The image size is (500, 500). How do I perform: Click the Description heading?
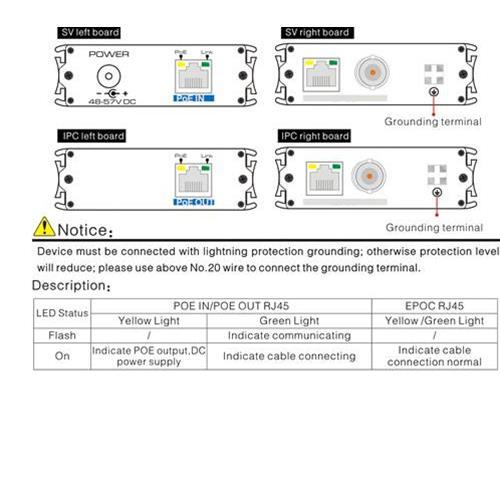tap(70, 287)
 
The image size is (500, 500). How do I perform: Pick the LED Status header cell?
tap(61, 313)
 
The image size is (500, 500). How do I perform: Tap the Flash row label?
tap(61, 336)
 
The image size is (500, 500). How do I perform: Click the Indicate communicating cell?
tap(288, 336)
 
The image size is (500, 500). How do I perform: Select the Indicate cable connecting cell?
tap(288, 356)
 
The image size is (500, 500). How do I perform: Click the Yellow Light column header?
tap(149, 321)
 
